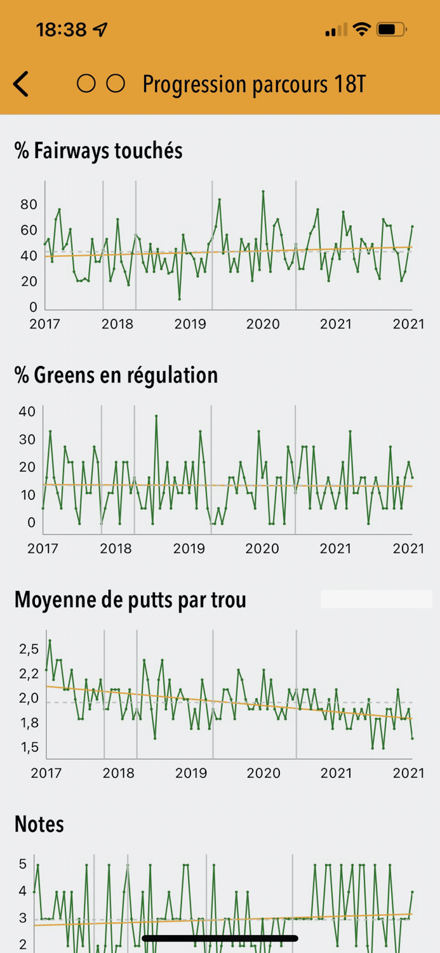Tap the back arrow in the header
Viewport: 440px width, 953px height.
coord(21,84)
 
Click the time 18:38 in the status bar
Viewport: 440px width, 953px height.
coord(62,29)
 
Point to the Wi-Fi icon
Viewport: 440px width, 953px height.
coord(361,29)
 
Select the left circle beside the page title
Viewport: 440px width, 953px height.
coord(86,84)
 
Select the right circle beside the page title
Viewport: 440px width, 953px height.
coord(115,84)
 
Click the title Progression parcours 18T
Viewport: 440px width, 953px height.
coord(254,84)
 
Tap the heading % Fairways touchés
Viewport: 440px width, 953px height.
coord(98,151)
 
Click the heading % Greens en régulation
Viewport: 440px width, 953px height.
coord(116,375)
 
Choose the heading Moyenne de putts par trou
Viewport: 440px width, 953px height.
coord(130,599)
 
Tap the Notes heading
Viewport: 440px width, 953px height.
coord(39,824)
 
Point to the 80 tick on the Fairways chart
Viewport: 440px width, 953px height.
coord(29,205)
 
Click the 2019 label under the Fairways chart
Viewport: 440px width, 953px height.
coord(190,324)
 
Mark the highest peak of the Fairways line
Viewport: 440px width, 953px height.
coord(263,191)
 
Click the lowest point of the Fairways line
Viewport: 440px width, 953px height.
coord(180,299)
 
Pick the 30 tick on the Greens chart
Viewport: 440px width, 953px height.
coord(27,439)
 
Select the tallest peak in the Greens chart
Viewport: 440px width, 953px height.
coord(156,416)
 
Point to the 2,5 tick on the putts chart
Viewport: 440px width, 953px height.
coord(29,649)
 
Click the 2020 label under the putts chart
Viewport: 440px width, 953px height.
coord(263,773)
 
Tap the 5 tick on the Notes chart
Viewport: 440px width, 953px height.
coord(23,864)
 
